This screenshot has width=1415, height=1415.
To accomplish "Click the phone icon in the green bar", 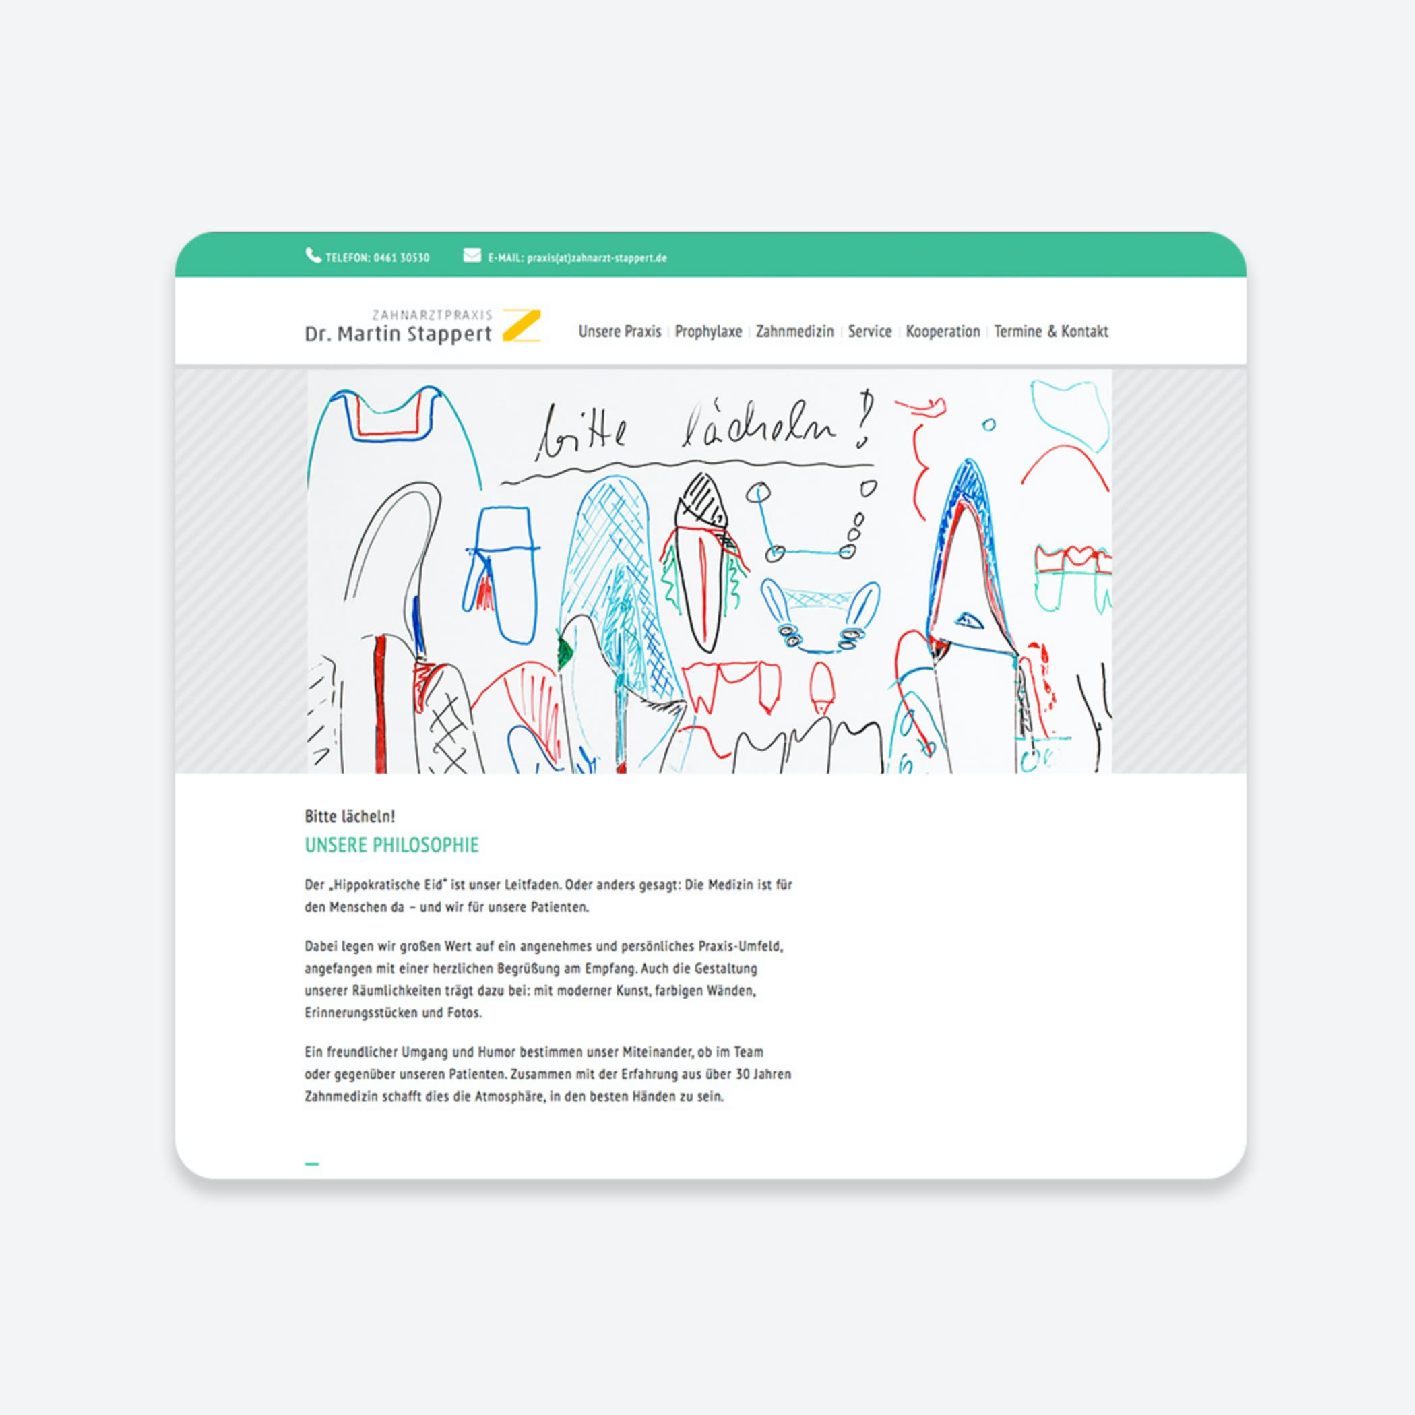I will [313, 255].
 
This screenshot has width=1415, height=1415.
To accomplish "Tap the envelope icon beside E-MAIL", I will [472, 255].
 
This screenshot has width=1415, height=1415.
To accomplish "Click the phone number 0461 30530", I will [402, 258].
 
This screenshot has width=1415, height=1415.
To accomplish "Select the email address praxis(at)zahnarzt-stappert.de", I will [596, 258].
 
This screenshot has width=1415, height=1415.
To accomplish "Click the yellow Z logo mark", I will [522, 326].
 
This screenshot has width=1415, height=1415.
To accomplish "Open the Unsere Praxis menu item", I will [620, 331].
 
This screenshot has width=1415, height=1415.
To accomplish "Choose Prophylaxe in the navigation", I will [708, 331].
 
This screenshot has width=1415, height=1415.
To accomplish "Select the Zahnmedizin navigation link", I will [794, 331].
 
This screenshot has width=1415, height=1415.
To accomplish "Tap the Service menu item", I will [869, 331].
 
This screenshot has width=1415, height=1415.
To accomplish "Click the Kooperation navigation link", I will [943, 331].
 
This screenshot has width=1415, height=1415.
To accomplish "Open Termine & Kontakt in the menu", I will [1050, 331].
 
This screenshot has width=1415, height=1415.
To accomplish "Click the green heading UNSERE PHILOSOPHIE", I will [392, 844].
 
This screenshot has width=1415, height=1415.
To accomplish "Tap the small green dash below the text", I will [312, 1163].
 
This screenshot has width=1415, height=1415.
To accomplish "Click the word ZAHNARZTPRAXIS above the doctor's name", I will [432, 315].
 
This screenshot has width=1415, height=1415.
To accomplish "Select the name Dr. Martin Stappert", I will [398, 335].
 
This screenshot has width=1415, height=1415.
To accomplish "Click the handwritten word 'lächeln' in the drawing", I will [758, 429].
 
